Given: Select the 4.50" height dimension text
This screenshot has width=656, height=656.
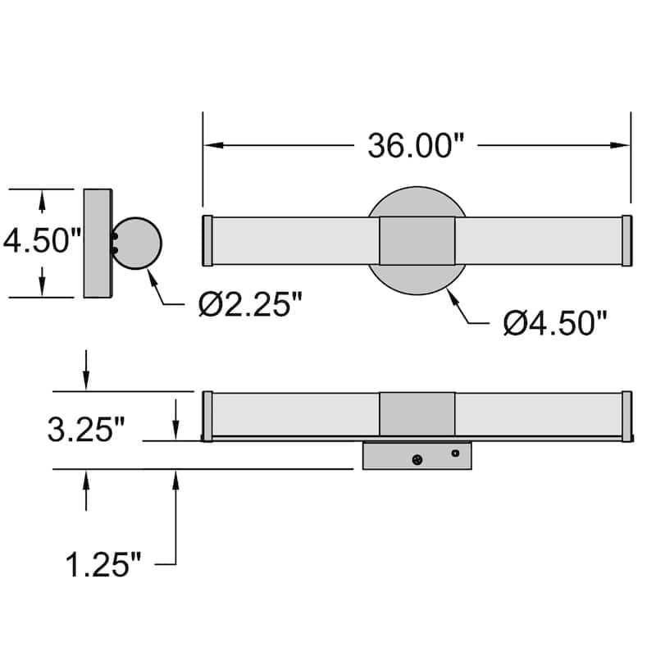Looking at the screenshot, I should coord(42,242).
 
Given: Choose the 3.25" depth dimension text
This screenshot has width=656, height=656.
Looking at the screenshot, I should coord(86,430).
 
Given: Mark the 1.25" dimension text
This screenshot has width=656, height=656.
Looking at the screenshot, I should coord(103,564).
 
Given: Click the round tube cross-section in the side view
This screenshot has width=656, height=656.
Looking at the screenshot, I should coord(137,243).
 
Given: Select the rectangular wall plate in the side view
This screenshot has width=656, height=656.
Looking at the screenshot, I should coord(98,243).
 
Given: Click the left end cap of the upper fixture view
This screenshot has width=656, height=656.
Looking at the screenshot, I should coord(207,241).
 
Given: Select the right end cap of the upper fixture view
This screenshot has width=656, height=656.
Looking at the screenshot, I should coord(626,241).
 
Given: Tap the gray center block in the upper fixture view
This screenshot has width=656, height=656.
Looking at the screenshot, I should coord(417,241).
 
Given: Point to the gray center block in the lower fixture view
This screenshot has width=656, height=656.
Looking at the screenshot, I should coord(417,414).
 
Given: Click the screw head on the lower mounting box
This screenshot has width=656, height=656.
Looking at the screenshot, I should coord(418,460).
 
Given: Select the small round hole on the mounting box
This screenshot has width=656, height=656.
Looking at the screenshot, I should coord(456,453).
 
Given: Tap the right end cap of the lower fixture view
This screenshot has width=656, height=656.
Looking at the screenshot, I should coord(626,417).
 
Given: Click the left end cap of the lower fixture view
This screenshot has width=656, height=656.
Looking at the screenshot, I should coord(207,417).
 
